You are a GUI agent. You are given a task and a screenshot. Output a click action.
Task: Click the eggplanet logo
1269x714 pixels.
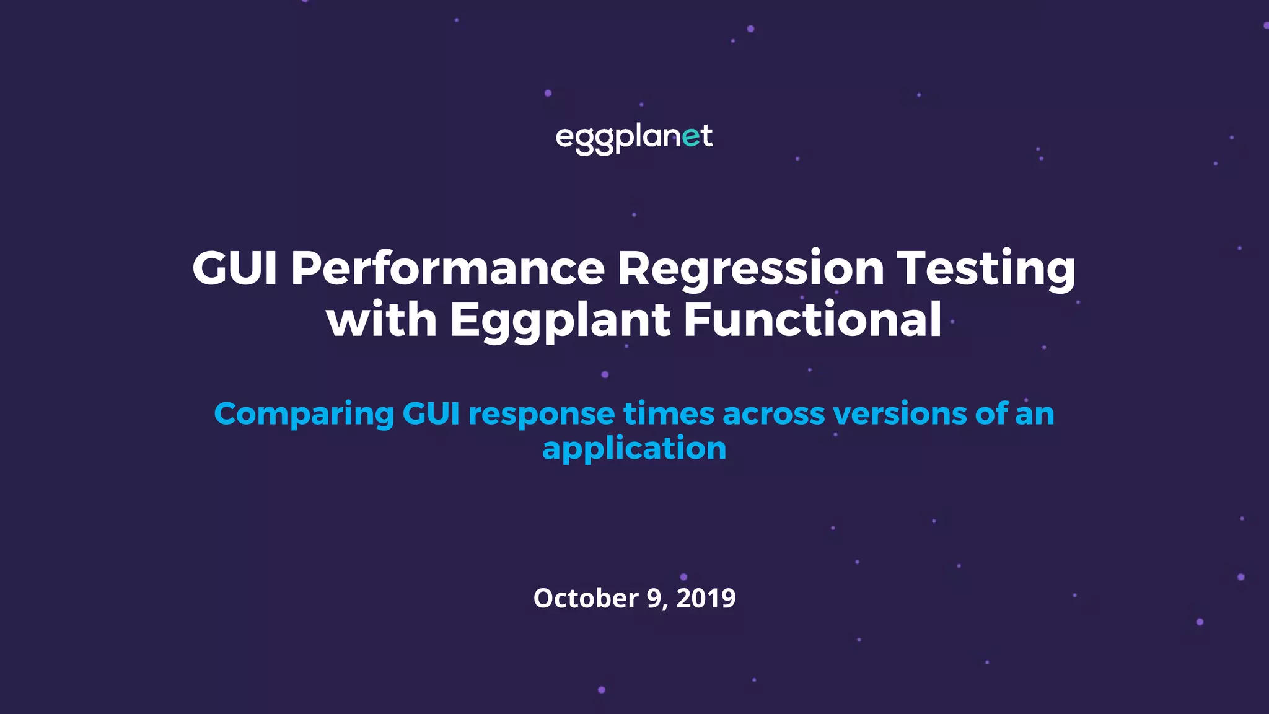(634, 138)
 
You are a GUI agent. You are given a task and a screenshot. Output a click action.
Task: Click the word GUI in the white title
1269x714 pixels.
(235, 268)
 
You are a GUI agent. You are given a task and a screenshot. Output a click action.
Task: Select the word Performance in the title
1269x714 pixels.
(447, 268)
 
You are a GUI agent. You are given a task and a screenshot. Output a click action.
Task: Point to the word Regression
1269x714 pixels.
(750, 268)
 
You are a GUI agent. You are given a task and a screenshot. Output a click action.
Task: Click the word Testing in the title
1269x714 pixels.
(986, 268)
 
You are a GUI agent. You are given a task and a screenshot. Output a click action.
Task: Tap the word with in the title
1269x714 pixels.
(382, 320)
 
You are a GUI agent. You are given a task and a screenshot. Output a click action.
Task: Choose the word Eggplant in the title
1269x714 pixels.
(560, 321)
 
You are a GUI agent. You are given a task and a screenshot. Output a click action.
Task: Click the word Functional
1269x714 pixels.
(812, 320)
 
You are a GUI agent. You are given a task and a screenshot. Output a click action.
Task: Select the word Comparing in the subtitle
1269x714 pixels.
(304, 415)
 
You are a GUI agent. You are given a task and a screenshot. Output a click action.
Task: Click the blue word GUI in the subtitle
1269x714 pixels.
(431, 413)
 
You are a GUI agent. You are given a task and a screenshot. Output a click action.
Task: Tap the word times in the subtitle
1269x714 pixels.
(669, 413)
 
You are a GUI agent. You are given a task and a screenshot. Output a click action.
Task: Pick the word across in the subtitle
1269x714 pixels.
(773, 413)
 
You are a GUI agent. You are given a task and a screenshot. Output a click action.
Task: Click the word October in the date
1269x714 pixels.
(586, 598)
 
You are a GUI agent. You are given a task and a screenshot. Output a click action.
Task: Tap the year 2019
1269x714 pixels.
(706, 598)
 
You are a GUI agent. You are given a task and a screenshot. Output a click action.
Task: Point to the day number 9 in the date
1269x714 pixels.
(654, 598)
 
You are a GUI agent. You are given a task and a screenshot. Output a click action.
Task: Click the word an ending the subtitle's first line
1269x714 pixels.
(1035, 413)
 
